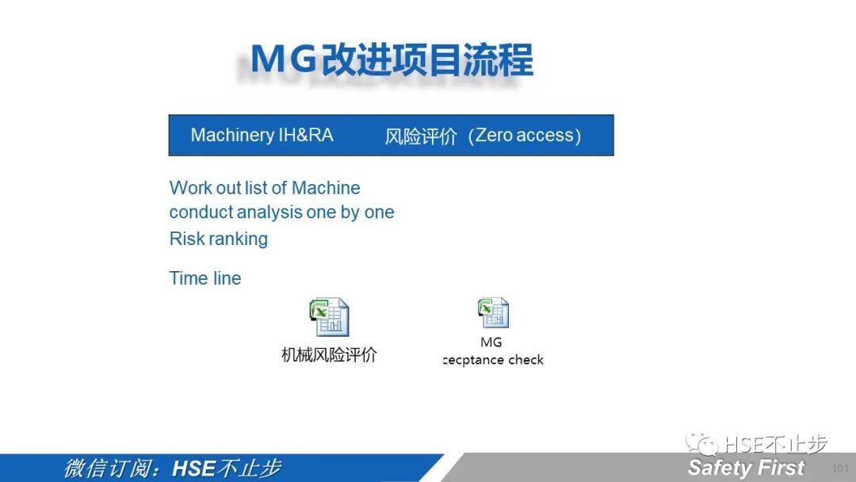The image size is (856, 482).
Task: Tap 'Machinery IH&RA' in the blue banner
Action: point(262,135)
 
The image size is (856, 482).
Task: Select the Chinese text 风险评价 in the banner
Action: point(421,136)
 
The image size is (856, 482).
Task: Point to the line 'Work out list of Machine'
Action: point(265,188)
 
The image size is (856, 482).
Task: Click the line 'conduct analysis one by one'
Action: point(281,212)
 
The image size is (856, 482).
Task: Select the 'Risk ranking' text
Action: point(219,239)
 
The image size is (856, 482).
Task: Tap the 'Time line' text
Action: point(205,277)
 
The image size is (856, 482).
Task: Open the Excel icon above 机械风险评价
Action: point(329,317)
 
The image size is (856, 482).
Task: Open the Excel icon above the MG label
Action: point(494,313)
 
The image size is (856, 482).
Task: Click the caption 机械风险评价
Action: point(329,355)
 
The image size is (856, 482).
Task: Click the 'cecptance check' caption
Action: point(493,360)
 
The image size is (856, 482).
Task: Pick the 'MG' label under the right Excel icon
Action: point(491,342)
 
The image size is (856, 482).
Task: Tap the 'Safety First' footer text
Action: point(746,468)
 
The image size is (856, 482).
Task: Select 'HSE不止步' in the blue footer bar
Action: point(227,469)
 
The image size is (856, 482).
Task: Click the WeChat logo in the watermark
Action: point(701,443)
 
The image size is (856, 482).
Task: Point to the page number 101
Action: point(840,469)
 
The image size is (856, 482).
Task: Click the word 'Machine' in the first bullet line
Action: point(326,188)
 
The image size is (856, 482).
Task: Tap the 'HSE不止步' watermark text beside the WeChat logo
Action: point(775,444)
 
